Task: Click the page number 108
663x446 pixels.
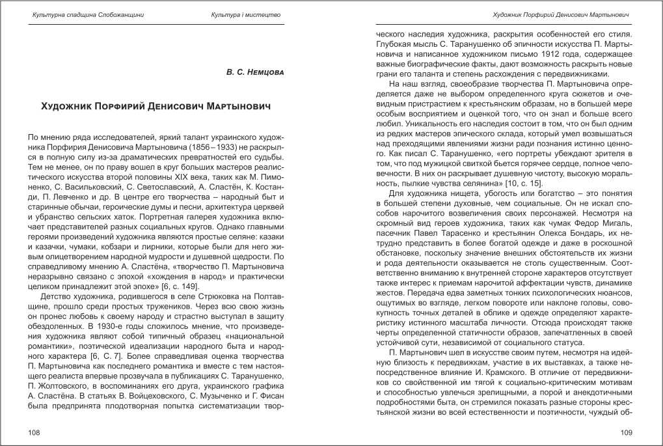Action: tap(31, 432)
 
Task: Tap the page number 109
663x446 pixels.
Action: tap(627, 432)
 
